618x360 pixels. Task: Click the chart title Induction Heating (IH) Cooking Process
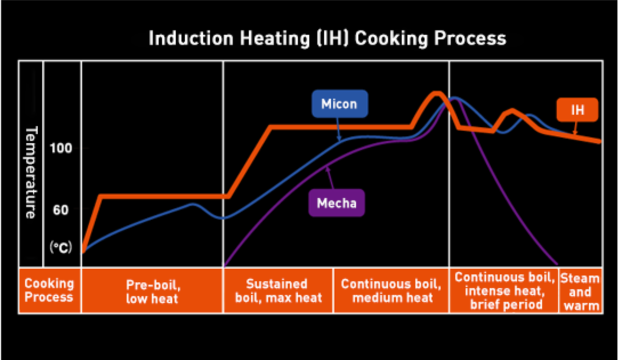pyautogui.click(x=327, y=38)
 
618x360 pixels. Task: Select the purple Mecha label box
pyautogui.click(x=337, y=203)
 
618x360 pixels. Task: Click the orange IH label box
pyautogui.click(x=577, y=110)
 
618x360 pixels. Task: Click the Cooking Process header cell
pyautogui.click(x=49, y=290)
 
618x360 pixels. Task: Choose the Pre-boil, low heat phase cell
pyautogui.click(x=152, y=290)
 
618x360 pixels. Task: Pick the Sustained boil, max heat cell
pyautogui.click(x=277, y=290)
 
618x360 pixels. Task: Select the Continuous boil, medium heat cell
pyautogui.click(x=391, y=290)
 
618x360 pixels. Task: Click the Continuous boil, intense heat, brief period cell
pyautogui.click(x=504, y=290)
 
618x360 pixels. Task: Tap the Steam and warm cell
pyautogui.click(x=580, y=292)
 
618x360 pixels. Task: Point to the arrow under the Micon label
pyautogui.click(x=339, y=130)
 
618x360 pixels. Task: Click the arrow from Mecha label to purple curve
pyautogui.click(x=330, y=179)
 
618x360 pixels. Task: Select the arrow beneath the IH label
pyautogui.click(x=574, y=129)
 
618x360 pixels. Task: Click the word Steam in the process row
pyautogui.click(x=580, y=278)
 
